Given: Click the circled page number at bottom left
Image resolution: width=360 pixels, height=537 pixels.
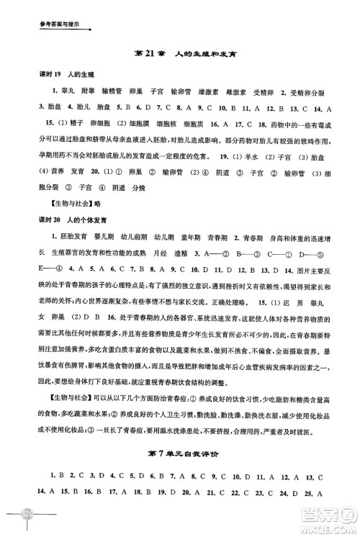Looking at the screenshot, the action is click(x=28, y=518).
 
